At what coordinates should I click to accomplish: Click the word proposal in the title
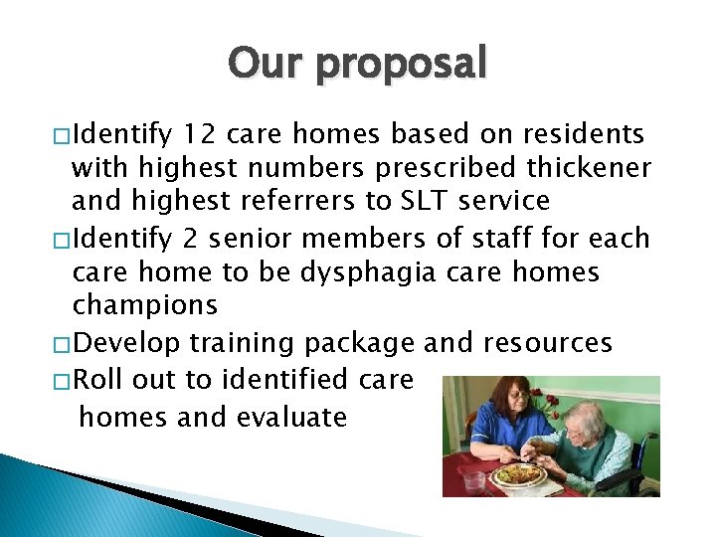(402, 66)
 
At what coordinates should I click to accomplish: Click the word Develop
(126, 343)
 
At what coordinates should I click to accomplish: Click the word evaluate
(292, 416)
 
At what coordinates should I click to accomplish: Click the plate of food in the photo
(520, 474)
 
